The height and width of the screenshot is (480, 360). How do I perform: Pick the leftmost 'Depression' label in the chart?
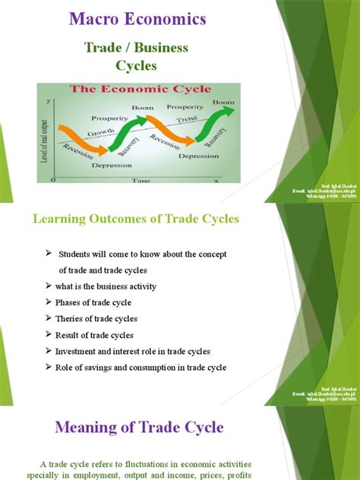tap(112, 165)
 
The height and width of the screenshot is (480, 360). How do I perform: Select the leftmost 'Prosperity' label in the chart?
tap(109, 118)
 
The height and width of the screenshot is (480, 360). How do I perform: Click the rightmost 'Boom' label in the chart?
tap(223, 102)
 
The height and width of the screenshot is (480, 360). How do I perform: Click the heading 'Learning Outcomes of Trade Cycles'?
tap(135, 219)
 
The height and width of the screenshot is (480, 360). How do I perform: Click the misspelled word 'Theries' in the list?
tap(70, 318)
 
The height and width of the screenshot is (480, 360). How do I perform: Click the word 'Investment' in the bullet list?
tap(76, 351)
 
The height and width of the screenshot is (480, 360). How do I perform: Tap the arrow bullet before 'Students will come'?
tap(49, 253)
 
